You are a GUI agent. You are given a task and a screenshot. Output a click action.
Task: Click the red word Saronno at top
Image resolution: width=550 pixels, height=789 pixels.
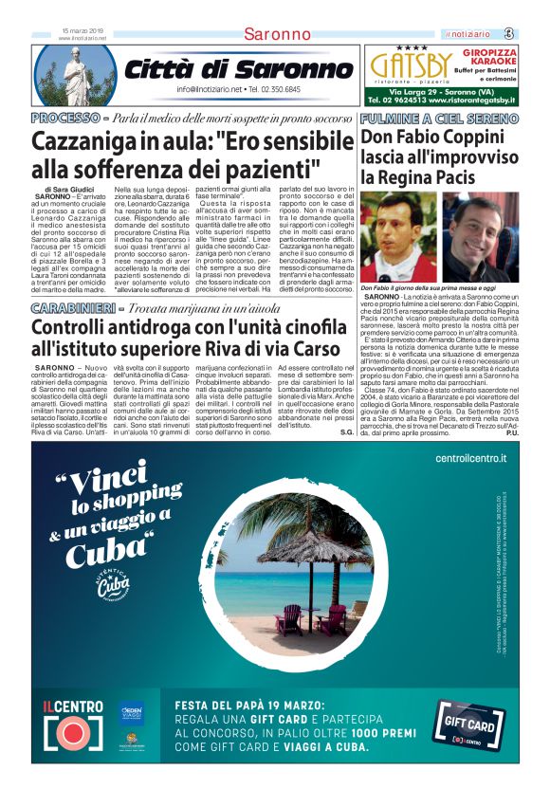277,35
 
